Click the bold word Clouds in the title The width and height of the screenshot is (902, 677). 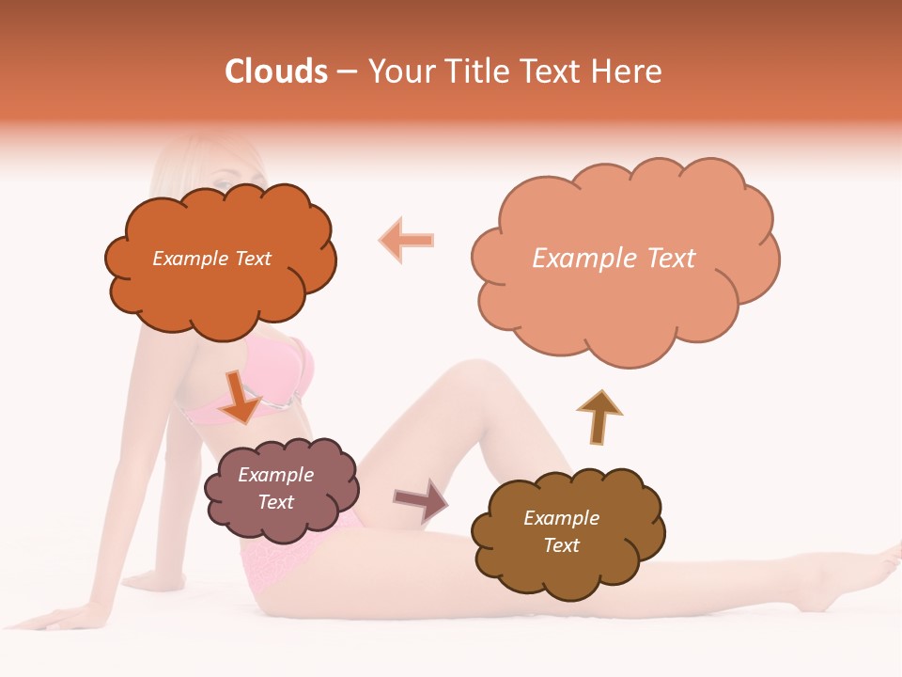pos(276,71)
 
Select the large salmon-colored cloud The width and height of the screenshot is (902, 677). pos(624,301)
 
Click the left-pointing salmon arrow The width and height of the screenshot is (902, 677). pos(407,241)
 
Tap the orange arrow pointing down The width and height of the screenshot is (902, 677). pos(241,396)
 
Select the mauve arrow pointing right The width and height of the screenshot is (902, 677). pos(421,500)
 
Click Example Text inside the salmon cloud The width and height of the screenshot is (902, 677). pos(614,259)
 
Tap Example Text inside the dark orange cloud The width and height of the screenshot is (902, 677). pos(211,259)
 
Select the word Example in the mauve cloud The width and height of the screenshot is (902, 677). pos(275,475)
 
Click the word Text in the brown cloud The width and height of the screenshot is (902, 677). pos(561,545)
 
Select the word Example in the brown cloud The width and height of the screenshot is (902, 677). pos(561,518)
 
